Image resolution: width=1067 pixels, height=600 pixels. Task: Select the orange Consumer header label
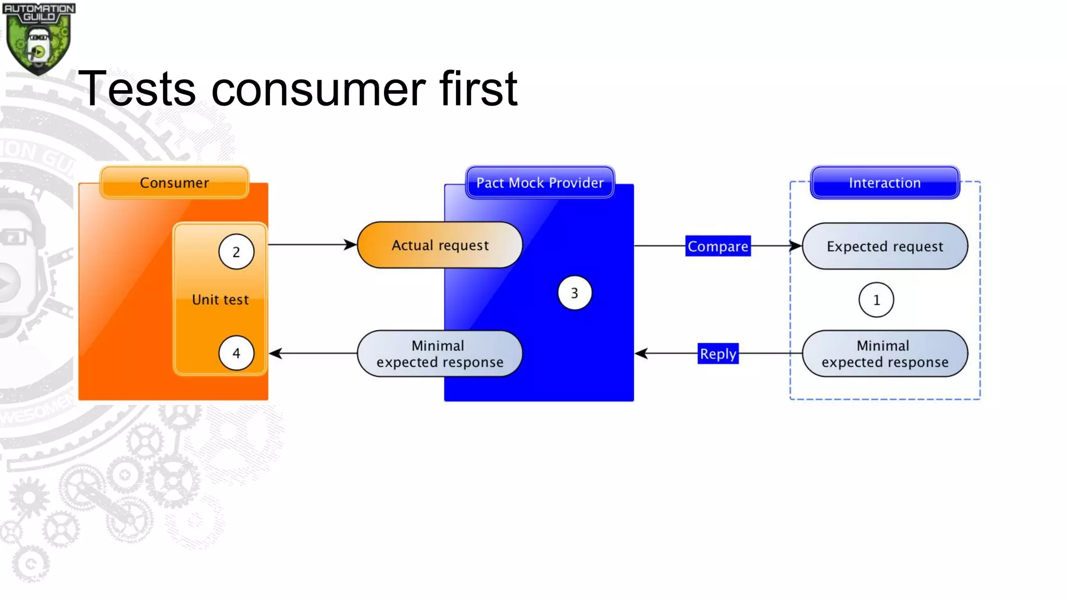[174, 183]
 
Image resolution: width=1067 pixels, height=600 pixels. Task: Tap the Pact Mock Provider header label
[540, 183]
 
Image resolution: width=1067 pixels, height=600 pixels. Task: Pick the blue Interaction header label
[885, 183]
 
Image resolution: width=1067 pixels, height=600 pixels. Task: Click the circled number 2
[237, 252]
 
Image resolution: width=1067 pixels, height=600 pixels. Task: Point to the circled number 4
[237, 353]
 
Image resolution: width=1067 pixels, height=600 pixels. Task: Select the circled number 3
[575, 293]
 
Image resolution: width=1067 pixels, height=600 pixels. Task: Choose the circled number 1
[876, 300]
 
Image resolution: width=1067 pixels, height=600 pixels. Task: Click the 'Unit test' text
[220, 300]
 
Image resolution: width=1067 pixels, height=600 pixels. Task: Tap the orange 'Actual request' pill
[440, 245]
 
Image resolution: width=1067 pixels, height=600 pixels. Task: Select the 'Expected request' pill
[885, 246]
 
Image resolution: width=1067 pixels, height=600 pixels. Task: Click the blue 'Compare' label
[717, 246]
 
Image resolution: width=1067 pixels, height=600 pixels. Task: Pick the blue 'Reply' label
[718, 354]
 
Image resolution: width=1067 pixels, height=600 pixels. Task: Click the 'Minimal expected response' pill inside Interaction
[885, 354]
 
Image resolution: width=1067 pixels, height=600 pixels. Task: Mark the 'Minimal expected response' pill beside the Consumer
[440, 354]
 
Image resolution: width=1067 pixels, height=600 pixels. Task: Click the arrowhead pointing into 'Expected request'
[796, 246]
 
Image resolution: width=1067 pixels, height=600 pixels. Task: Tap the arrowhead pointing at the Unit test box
[276, 354]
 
